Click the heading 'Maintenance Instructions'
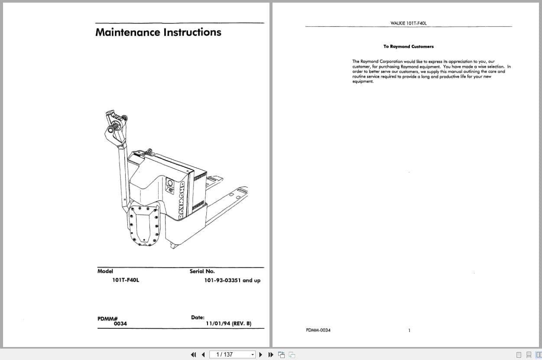coord(158,32)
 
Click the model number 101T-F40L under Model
coord(126,280)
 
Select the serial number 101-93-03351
coord(222,280)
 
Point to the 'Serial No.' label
coord(202,272)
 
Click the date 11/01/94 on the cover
coord(218,324)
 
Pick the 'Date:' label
coord(198,318)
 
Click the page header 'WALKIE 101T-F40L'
coord(409,23)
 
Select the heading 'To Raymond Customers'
coord(408,46)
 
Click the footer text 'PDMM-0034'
coord(318,331)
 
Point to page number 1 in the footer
coord(409,331)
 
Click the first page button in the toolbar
coord(193,355)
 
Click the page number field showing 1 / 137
coord(229,355)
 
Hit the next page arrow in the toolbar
coord(261,355)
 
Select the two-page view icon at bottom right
coord(538,355)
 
